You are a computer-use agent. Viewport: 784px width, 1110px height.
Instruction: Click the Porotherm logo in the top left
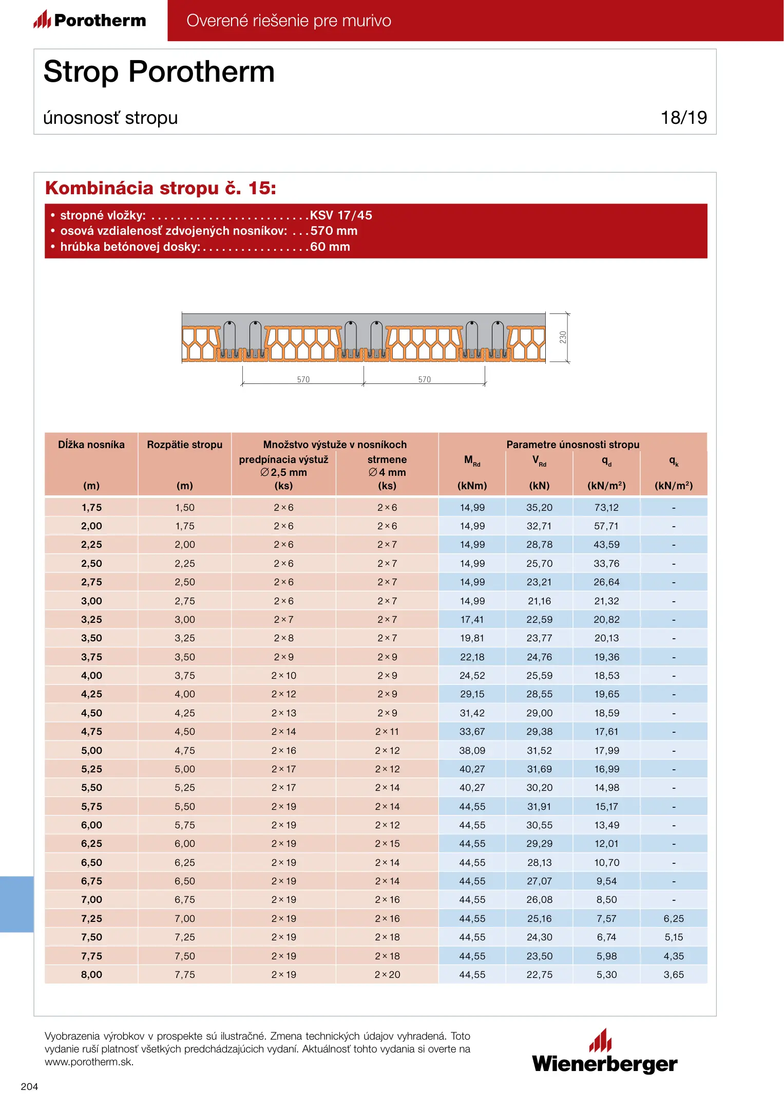[x=90, y=20]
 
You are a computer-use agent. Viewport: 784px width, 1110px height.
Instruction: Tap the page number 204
[x=29, y=1086]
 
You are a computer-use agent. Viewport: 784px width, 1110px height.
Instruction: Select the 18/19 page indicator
[x=683, y=118]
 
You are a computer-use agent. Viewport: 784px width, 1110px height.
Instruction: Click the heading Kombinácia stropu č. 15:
[x=161, y=188]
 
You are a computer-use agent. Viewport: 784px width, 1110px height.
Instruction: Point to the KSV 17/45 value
[x=341, y=215]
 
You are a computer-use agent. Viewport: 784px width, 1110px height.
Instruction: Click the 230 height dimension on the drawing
[x=563, y=337]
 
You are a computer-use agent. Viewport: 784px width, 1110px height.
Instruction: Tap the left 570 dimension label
[x=303, y=380]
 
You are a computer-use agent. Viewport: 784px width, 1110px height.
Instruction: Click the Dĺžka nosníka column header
[x=91, y=445]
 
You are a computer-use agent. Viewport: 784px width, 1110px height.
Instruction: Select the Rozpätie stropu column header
[x=185, y=445]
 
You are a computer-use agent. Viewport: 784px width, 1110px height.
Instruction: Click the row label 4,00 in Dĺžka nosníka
[x=91, y=675]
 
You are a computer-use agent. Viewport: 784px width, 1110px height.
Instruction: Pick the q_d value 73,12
[x=606, y=507]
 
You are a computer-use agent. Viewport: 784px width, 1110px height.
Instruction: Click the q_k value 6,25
[x=674, y=918]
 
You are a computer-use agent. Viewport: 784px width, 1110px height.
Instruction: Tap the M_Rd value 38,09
[x=472, y=750]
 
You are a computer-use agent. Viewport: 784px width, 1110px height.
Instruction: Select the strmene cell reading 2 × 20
[x=387, y=974]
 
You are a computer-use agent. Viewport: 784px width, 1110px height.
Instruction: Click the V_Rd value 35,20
[x=539, y=507]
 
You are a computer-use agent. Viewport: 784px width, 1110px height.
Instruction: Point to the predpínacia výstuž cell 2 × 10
[x=283, y=675]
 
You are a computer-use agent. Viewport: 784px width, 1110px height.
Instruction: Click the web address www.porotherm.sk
[x=89, y=1062]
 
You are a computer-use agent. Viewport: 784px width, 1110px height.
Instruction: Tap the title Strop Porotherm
[x=159, y=71]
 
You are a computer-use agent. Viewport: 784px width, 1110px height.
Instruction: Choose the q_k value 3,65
[x=674, y=974]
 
